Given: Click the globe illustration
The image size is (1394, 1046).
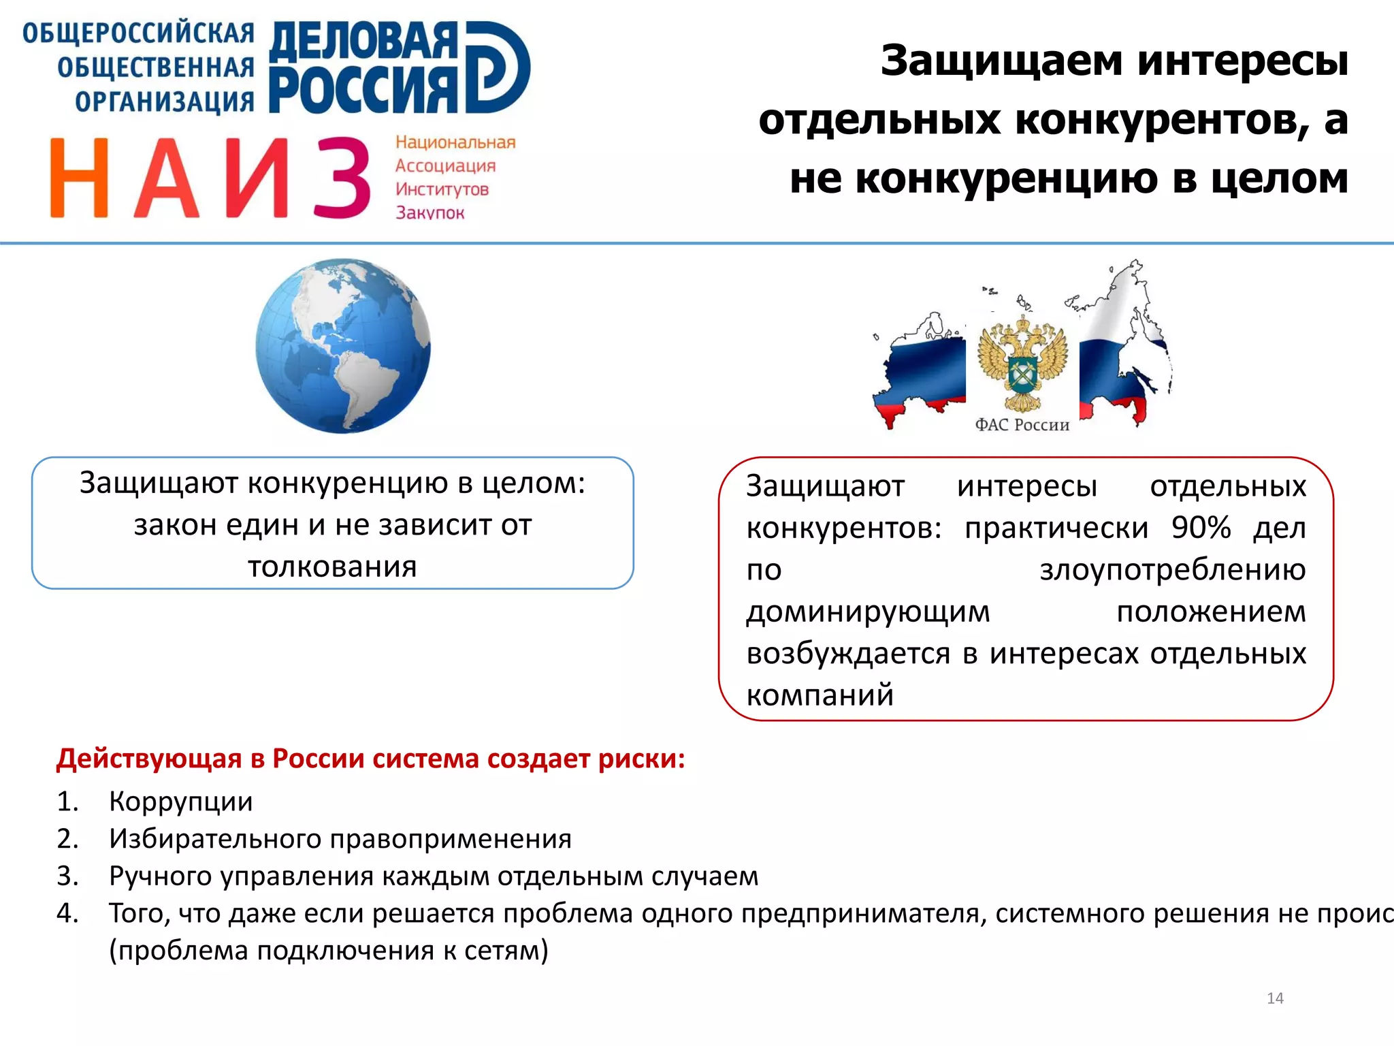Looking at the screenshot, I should pyautogui.click(x=343, y=345).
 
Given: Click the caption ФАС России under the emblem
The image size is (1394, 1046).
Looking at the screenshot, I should pyautogui.click(x=1022, y=425).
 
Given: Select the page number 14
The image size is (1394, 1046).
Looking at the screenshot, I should pyautogui.click(x=1275, y=998).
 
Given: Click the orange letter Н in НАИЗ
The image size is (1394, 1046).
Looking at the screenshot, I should pyautogui.click(x=79, y=178).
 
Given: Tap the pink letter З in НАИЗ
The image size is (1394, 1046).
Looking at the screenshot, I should pyautogui.click(x=342, y=178).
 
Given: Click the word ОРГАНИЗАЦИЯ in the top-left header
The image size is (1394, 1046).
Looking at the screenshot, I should pyautogui.click(x=165, y=101).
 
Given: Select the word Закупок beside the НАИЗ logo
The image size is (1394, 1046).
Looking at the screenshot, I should pyautogui.click(x=429, y=213).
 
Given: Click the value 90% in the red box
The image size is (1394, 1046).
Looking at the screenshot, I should pyautogui.click(x=1201, y=527).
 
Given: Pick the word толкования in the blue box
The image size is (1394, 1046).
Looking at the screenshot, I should pyautogui.click(x=332, y=567).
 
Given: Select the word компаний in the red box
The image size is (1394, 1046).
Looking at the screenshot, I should pyautogui.click(x=820, y=695).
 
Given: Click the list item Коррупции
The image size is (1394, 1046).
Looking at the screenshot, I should pyautogui.click(x=181, y=802).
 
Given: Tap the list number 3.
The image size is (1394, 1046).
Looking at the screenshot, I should pyautogui.click(x=67, y=876).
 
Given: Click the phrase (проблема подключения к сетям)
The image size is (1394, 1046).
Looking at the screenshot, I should pyautogui.click(x=329, y=951).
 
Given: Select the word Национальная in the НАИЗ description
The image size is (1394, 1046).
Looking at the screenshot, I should pyautogui.click(x=455, y=142).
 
